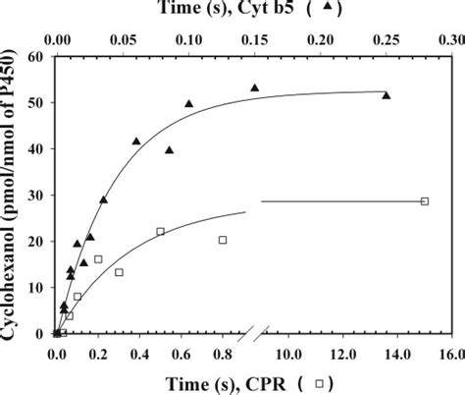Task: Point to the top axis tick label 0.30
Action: (450, 43)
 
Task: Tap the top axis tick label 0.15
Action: (255, 43)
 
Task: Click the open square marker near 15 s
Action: (425, 201)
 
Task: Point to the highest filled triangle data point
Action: (255, 88)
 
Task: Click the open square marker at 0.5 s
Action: (160, 232)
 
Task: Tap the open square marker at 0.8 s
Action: (223, 240)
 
